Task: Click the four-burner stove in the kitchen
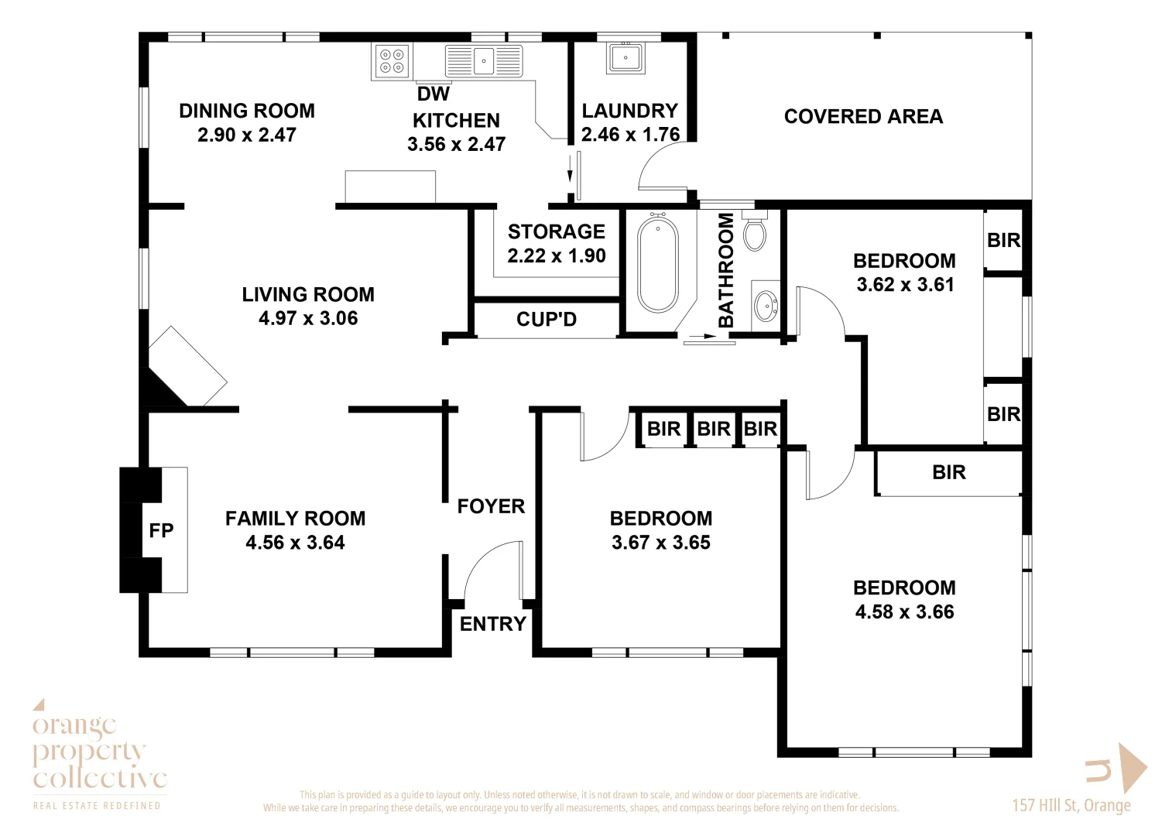(x=392, y=61)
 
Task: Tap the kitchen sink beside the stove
(x=484, y=60)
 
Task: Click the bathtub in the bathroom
(x=658, y=264)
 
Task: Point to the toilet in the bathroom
(x=755, y=231)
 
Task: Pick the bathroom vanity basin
(x=766, y=305)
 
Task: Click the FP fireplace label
(x=161, y=531)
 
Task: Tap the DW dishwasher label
(x=433, y=94)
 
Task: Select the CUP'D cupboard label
(x=547, y=320)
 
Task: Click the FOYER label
(x=491, y=506)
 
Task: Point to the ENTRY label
(x=492, y=624)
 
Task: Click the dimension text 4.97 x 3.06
(x=308, y=318)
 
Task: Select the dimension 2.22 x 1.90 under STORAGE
(x=556, y=256)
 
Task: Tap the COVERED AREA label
(x=863, y=117)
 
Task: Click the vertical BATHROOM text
(x=726, y=270)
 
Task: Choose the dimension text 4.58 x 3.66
(x=904, y=612)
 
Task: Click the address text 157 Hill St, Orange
(x=1071, y=806)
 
